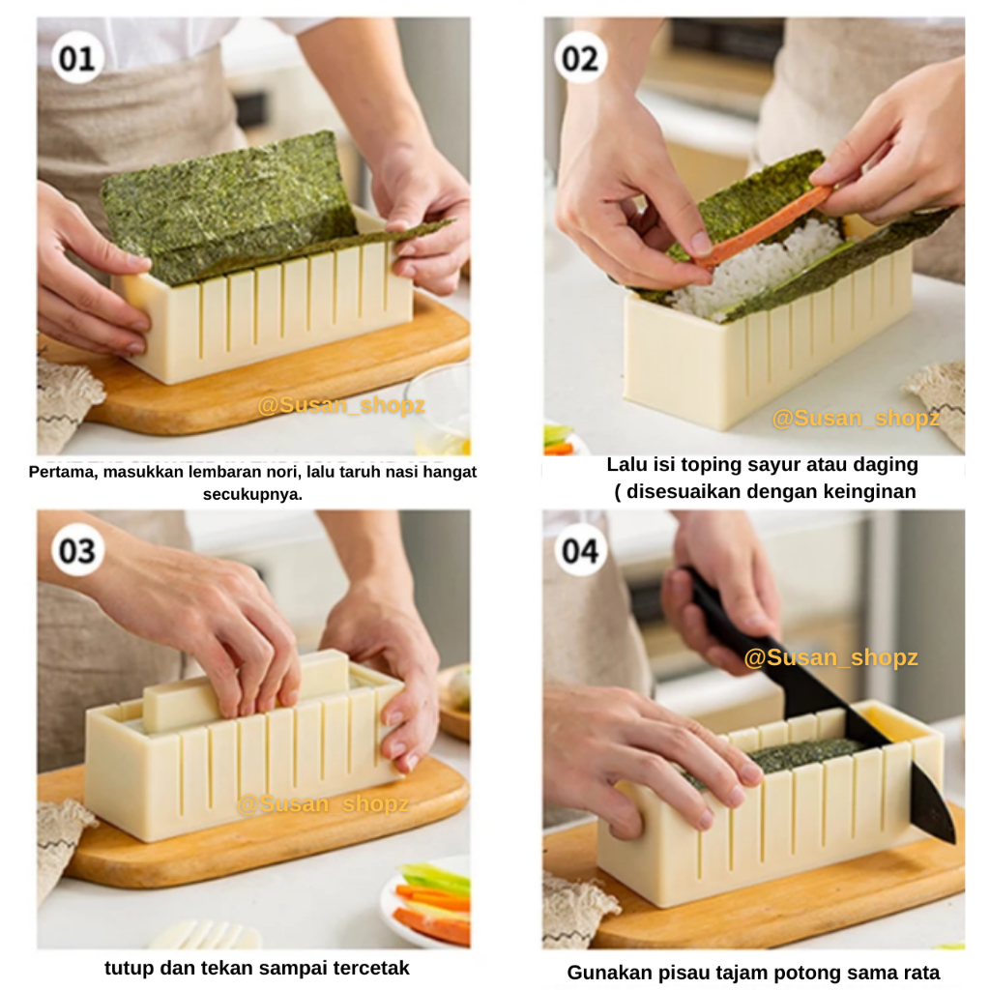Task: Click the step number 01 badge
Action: coord(77,58)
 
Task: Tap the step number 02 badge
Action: coord(580,58)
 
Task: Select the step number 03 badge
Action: coord(77,550)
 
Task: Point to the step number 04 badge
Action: coord(580,550)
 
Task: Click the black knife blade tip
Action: coord(952,842)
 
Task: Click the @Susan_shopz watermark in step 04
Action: coord(830,657)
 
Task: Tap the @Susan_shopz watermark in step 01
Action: coord(341,405)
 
